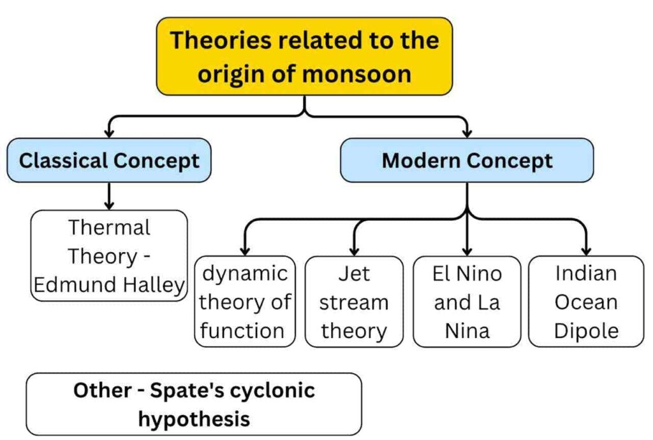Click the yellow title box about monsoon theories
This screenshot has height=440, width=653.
click(304, 57)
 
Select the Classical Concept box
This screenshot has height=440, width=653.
click(109, 160)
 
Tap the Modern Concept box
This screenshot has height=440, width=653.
click(467, 160)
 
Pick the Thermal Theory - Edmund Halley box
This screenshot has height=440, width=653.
click(109, 256)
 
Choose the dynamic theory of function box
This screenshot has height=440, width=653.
click(245, 302)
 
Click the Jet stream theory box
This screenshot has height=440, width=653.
click(354, 302)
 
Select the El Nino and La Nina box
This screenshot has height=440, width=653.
click(467, 302)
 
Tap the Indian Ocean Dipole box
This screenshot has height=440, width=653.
click(586, 302)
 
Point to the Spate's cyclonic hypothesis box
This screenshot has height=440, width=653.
click(194, 404)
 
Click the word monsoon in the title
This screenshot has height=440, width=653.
click(357, 74)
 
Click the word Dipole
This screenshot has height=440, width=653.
click(587, 331)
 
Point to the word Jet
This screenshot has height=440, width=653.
click(354, 274)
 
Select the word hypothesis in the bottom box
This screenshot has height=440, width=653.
click(194, 418)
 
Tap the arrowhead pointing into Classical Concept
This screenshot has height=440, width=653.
click(109, 133)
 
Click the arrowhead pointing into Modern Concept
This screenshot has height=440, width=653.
click(467, 133)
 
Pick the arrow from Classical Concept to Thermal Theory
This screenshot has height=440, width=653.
click(109, 196)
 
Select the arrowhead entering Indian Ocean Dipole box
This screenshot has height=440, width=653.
click(587, 251)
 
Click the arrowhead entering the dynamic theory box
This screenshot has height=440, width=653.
click(245, 251)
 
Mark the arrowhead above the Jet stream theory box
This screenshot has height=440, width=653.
click(354, 251)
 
